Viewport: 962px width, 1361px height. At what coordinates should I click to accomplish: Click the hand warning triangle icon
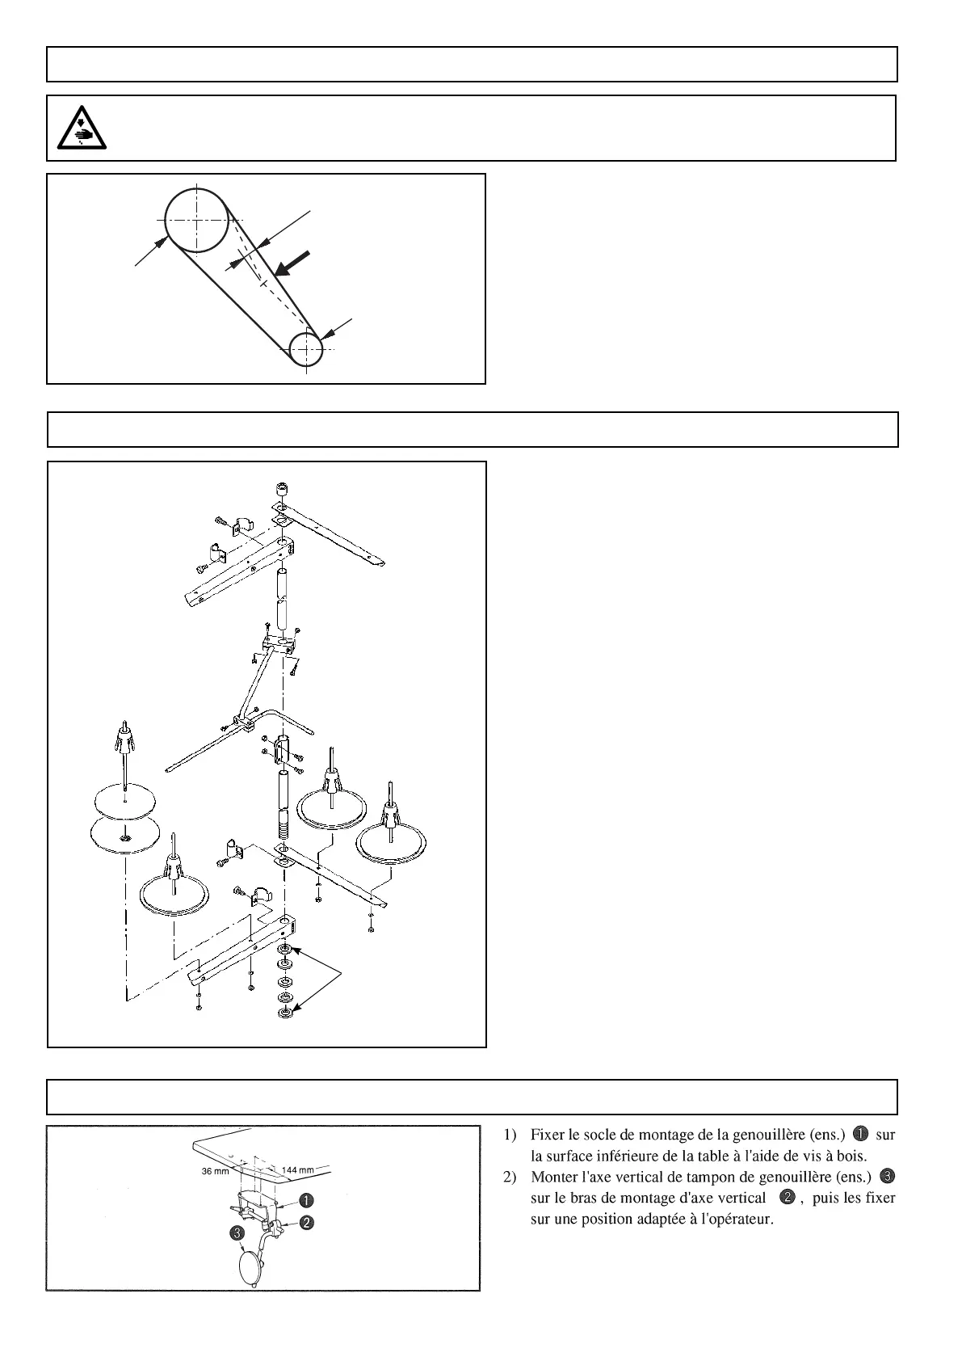pos(80,128)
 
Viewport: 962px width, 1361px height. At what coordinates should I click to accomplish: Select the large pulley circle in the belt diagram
pos(196,220)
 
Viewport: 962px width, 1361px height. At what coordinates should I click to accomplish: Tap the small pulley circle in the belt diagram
pos(306,349)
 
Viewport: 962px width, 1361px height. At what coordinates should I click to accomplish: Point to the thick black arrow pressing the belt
pos(292,263)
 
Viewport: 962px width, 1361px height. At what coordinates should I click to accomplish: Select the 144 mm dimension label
pos(297,1170)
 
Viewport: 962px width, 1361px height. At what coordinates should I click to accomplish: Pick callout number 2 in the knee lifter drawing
pos(307,1223)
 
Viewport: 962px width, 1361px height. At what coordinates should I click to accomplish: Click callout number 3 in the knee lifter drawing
pos(236,1233)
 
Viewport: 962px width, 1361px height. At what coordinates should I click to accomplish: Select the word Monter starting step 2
pos(552,1177)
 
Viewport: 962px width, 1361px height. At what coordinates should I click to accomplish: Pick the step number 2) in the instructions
pos(510,1177)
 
